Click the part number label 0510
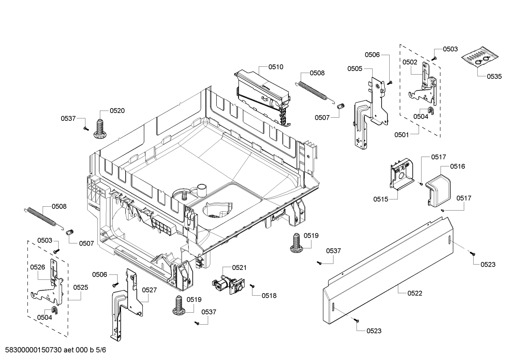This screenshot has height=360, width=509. pos(276,67)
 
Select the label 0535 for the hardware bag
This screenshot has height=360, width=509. pos(494,76)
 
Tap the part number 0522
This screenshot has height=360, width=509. pos(414,293)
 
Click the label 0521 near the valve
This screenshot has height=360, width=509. pos(239,268)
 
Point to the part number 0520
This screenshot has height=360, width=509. pos(117,111)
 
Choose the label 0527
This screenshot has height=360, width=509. pos(149,290)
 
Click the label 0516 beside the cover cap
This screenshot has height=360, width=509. pos(457,166)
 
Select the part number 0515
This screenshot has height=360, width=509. pos(381,199)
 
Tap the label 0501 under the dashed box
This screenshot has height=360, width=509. pos(402,135)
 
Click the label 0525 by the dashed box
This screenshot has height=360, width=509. pos(80,288)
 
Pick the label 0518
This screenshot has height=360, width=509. pos(269,296)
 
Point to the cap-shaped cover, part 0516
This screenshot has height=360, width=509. pos(438,190)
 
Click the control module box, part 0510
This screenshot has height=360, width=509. pos(263,95)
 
